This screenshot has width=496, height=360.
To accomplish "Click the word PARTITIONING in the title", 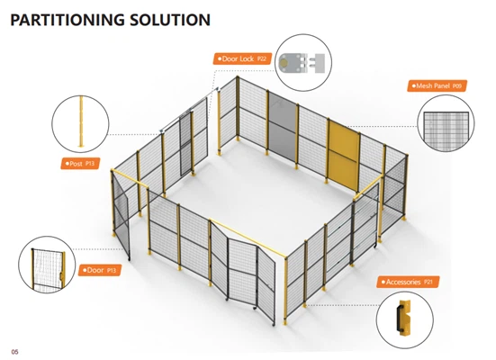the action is (x=68, y=20).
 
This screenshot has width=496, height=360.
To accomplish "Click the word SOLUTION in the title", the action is (x=170, y=20).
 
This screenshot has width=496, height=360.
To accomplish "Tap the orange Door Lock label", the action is (x=243, y=58).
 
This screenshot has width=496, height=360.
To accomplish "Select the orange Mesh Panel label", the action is (x=437, y=85).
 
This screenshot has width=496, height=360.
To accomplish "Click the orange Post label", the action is (x=80, y=164).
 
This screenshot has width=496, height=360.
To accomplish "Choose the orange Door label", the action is (x=100, y=270).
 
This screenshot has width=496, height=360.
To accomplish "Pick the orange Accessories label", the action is (x=408, y=282).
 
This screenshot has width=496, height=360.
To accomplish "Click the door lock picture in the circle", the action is (x=302, y=63).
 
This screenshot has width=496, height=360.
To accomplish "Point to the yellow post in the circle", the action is (x=81, y=121).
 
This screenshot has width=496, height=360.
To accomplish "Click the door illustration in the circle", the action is (x=48, y=269).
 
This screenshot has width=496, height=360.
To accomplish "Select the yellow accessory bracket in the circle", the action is (x=403, y=318).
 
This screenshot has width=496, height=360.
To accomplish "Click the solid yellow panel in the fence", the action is (x=344, y=157).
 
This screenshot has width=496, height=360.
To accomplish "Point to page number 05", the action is (x=15, y=352).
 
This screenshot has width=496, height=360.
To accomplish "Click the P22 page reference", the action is (x=262, y=58).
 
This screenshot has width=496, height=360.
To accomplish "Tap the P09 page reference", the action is (x=457, y=86).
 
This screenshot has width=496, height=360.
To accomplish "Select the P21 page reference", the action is (x=428, y=282).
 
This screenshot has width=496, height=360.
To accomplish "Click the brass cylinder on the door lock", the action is (x=284, y=63).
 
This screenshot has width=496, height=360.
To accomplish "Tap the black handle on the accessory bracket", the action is (x=400, y=319).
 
